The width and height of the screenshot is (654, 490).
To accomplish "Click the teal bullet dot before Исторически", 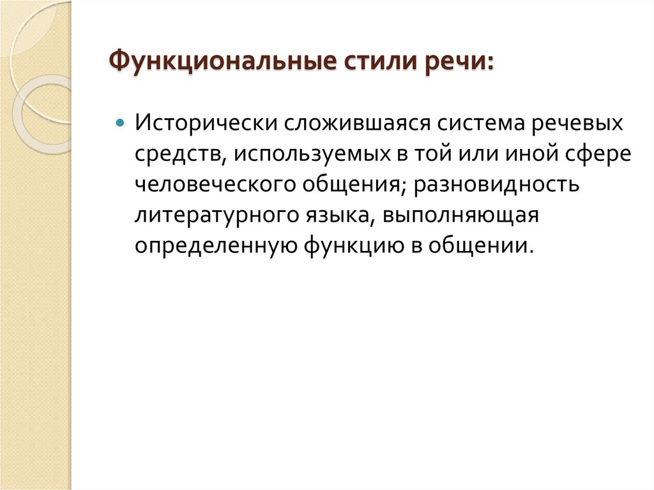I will (x=119, y=123).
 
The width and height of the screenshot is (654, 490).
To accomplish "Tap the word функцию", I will (x=330, y=247).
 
